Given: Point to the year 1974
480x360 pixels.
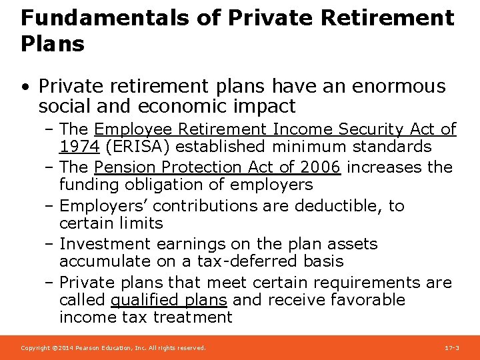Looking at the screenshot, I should point(79,147).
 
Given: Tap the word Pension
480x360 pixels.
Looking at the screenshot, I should point(125,167).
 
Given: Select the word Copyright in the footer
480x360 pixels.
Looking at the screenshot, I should point(35,348).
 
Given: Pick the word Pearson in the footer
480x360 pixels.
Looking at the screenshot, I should point(91,348).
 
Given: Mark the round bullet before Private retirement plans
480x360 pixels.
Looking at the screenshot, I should point(25,87).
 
